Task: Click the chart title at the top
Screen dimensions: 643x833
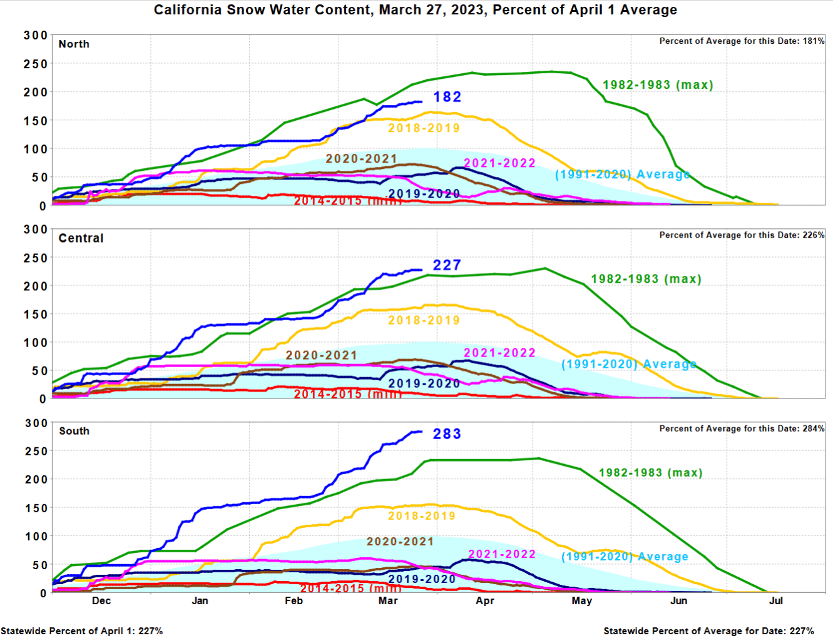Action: (415, 10)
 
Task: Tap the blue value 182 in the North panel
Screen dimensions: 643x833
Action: (447, 97)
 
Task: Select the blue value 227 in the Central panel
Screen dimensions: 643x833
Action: (447, 265)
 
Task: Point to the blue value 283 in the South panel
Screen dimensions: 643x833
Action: (447, 434)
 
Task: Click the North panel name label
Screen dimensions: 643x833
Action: (74, 44)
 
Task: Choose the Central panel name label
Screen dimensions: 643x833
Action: (81, 238)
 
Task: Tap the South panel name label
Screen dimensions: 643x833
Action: (74, 431)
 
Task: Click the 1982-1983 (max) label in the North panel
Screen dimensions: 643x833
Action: (658, 85)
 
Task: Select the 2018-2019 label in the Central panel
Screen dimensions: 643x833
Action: (424, 320)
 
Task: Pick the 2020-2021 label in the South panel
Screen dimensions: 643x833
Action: (400, 542)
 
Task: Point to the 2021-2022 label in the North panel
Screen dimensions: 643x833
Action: (499, 163)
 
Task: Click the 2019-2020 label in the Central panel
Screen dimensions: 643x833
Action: (424, 383)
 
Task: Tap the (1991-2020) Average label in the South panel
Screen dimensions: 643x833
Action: (625, 557)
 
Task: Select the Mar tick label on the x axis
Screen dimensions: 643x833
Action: (388, 600)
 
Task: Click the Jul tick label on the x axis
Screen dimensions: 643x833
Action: (775, 600)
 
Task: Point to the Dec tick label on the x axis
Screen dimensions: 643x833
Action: (101, 600)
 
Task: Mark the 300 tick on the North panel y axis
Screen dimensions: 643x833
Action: (36, 36)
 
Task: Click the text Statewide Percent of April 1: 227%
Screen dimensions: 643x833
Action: (82, 631)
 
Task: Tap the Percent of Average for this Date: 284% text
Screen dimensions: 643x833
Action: (742, 428)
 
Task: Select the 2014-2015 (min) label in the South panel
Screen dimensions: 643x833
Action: (350, 589)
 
